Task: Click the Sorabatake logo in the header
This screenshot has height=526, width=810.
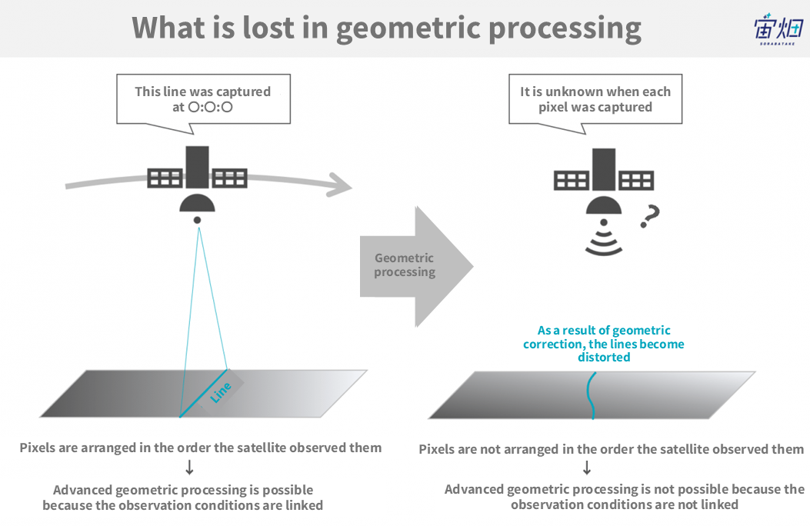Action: (778, 29)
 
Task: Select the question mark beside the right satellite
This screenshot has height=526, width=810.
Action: (650, 216)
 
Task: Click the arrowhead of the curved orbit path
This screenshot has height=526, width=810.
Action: (340, 185)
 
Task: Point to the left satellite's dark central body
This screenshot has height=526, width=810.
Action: (198, 167)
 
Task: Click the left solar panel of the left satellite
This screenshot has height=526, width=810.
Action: (165, 178)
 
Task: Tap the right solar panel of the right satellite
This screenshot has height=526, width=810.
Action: (636, 181)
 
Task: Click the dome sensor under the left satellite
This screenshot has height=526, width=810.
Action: (198, 203)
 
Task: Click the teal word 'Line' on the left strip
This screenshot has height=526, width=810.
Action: (221, 393)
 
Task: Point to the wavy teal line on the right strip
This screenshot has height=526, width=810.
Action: (591, 395)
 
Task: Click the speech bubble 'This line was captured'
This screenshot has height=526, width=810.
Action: (203, 99)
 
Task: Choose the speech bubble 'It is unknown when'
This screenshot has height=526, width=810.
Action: (595, 99)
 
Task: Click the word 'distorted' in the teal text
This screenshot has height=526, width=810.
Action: (604, 358)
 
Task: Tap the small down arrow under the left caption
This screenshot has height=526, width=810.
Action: (189, 467)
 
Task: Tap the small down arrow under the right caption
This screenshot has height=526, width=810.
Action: (587, 468)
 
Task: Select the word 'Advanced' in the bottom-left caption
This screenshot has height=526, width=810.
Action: (82, 490)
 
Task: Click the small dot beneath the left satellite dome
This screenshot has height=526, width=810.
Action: (198, 221)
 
